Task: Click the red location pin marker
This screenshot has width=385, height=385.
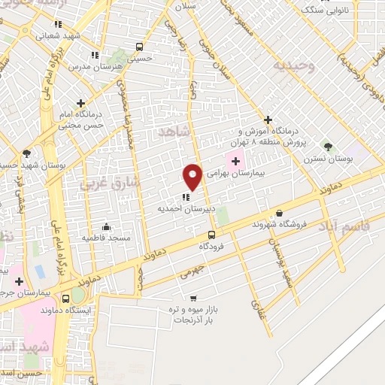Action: (192, 176)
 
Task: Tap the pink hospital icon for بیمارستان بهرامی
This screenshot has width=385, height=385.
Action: (235, 161)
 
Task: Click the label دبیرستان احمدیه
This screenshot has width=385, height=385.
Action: (180, 208)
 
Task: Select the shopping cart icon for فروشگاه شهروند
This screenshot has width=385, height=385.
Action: (280, 213)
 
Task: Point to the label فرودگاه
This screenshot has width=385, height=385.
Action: (214, 246)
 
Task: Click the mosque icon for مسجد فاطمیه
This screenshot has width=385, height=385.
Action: (106, 226)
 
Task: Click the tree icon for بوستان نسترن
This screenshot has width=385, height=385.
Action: (326, 144)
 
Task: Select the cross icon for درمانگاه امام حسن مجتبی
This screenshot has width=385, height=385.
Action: (80, 103)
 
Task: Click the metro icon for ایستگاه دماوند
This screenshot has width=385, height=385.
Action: (78, 297)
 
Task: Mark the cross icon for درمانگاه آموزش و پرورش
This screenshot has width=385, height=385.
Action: (268, 119)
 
